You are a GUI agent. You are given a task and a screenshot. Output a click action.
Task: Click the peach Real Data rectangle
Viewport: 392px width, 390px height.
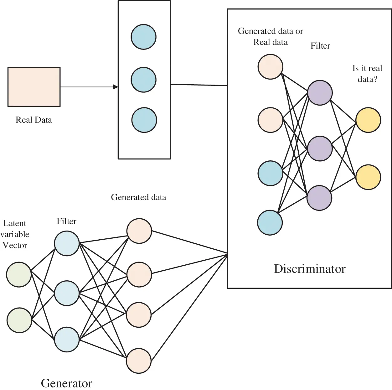34,87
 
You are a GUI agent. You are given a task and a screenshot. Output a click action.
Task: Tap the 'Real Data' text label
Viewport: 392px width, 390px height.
34,120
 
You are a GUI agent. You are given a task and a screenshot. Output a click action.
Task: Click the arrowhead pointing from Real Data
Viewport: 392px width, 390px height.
116,87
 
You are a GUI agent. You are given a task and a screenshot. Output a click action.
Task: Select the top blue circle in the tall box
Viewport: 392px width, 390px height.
143,37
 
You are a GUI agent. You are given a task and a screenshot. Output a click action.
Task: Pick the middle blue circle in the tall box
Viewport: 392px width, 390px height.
143,80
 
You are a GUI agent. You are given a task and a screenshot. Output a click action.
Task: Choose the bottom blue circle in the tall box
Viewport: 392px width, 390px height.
144,120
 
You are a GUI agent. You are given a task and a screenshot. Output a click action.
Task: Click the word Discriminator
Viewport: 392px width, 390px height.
309,269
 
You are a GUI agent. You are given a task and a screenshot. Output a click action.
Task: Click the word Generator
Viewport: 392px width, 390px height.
66,383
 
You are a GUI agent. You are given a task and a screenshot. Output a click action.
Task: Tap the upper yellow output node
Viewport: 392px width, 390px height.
368,120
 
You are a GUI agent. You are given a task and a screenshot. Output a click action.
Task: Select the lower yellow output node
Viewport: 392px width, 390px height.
368,177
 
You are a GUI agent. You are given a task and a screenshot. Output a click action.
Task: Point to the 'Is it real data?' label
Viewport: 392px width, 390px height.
367,74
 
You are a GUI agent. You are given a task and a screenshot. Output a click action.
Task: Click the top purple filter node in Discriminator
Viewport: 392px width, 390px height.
320,93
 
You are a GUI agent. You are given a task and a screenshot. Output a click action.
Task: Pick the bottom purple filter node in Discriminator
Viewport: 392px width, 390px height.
319,198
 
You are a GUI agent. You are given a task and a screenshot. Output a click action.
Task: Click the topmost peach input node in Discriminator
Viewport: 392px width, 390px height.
270,67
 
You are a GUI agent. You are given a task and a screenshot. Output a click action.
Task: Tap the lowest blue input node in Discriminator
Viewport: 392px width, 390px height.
270,222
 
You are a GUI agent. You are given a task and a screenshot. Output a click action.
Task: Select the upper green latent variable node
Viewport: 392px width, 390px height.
19,274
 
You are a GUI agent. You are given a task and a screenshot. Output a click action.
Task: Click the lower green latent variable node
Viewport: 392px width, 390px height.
19,320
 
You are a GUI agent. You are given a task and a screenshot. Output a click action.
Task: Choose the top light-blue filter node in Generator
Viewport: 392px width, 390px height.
67,243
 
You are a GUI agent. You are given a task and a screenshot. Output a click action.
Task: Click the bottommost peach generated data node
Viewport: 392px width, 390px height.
139,361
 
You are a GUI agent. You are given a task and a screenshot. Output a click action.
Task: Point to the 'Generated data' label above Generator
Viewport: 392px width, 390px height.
138,197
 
